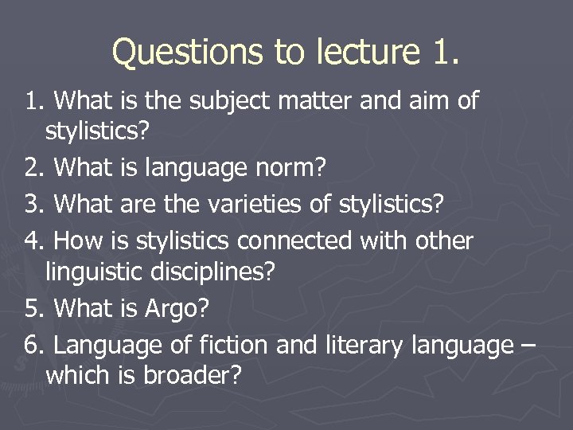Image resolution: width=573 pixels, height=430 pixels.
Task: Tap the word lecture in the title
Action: [x=369, y=53]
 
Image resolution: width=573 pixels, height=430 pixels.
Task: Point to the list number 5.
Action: [x=32, y=308]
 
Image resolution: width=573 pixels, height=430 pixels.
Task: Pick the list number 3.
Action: [x=32, y=205]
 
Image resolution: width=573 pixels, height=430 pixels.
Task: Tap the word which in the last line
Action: [x=78, y=376]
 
